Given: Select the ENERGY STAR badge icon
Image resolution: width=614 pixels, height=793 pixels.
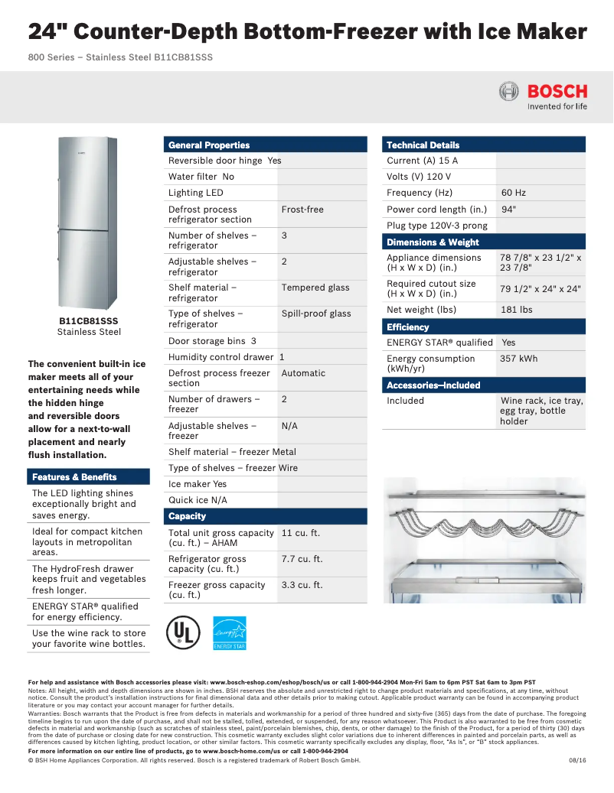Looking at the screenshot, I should click(229, 632).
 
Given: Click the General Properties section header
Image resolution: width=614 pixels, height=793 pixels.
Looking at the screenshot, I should click(209, 145).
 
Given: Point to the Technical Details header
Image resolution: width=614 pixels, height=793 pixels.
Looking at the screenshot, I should click(423, 145).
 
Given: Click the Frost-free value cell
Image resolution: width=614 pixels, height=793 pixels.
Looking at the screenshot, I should click(302, 210).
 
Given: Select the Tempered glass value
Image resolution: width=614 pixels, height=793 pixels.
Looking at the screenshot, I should click(315, 288).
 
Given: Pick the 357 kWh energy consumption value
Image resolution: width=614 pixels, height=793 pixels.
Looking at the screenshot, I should click(518, 359).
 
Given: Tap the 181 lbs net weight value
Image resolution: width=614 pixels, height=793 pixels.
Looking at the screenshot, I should click(516, 310).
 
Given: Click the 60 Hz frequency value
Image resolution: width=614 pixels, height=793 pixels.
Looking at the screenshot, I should click(513, 193).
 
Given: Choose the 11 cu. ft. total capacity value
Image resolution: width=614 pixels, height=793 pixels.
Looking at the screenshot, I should click(300, 533).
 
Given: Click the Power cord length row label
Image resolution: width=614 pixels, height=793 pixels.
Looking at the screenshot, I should click(436, 210).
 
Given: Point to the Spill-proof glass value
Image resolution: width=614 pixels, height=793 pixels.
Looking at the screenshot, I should click(315, 314).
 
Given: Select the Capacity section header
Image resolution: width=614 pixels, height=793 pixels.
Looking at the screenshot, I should click(188, 516).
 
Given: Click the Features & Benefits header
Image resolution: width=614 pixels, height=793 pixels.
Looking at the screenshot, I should click(74, 477).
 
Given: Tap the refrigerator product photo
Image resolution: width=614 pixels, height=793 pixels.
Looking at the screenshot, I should click(88, 222).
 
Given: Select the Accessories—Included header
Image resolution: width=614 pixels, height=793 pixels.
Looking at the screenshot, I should click(433, 385).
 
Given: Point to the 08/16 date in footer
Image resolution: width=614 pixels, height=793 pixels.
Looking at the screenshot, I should click(576, 760).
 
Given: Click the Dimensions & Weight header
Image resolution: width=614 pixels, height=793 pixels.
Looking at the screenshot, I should click(433, 242).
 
